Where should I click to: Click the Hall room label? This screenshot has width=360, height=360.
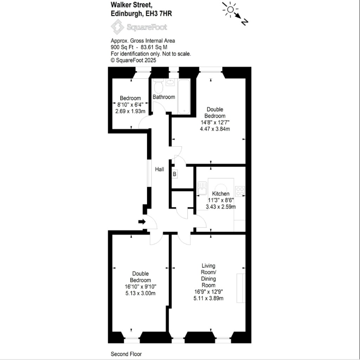click(x=160, y=169)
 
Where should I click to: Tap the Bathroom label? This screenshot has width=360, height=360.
click(x=163, y=97)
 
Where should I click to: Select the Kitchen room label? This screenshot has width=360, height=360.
click(x=221, y=194)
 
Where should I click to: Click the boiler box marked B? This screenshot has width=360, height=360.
click(x=175, y=174)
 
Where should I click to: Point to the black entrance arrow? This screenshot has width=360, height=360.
click(x=142, y=221)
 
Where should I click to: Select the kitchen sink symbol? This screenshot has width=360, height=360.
click(x=202, y=188)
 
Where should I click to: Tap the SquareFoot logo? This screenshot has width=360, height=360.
click(x=139, y=27)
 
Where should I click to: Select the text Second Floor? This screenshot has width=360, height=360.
click(x=126, y=354)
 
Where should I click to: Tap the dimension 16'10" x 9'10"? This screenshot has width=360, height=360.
click(x=140, y=287)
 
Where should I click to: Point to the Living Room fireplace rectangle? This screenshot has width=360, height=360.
click(x=241, y=288)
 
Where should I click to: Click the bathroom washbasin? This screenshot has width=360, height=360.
click(x=171, y=82)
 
